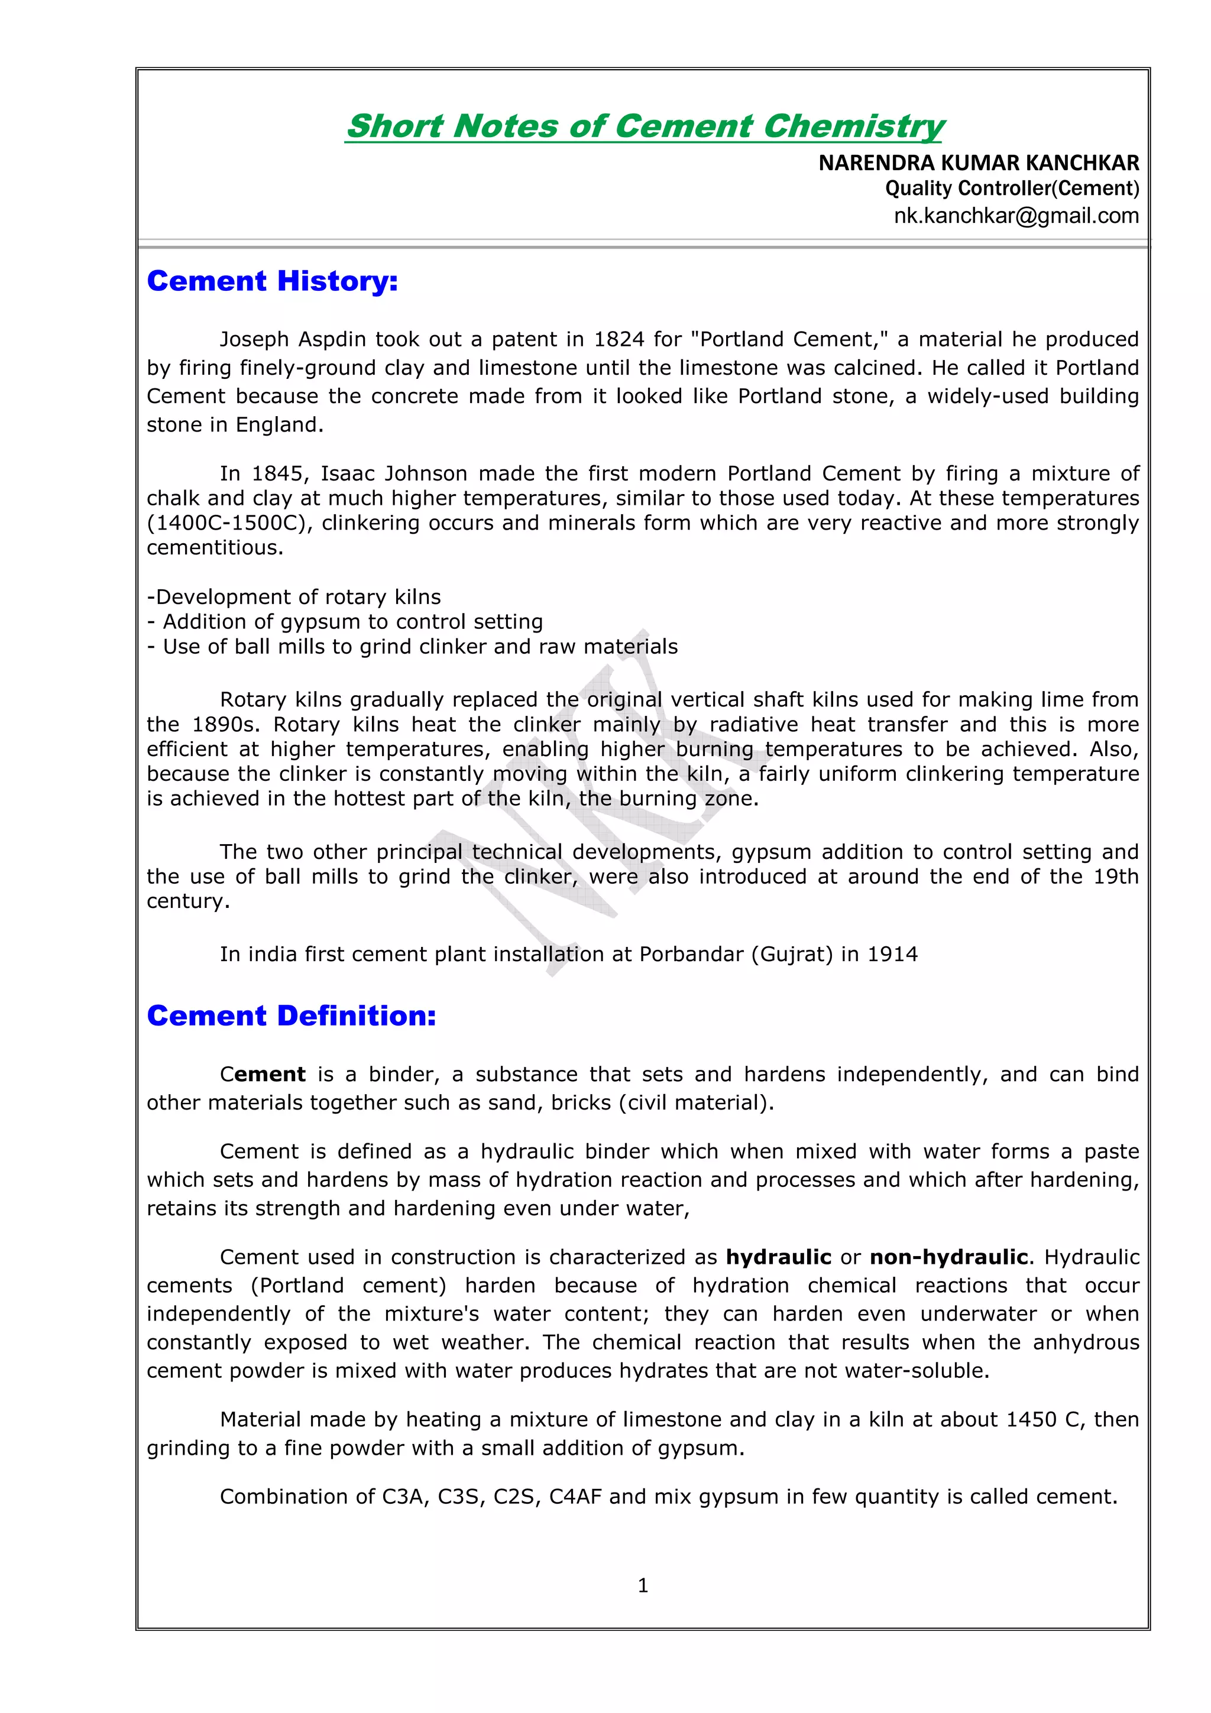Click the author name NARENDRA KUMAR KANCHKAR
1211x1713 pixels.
click(x=978, y=163)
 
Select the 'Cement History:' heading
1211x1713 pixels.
click(x=273, y=281)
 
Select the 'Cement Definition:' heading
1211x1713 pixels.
click(x=291, y=1016)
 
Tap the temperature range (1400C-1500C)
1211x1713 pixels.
click(x=228, y=523)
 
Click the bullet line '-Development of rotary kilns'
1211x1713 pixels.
click(x=294, y=597)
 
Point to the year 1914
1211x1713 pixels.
click(x=892, y=954)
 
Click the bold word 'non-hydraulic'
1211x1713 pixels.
click(x=948, y=1257)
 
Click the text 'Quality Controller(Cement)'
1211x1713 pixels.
click(x=1012, y=189)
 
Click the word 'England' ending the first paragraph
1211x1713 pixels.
click(x=279, y=424)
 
